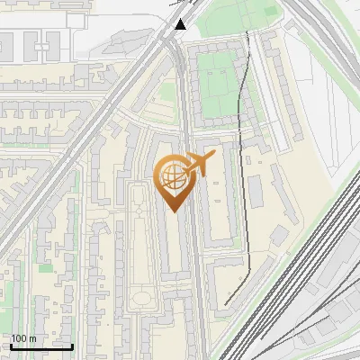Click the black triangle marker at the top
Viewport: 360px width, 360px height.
tap(181, 24)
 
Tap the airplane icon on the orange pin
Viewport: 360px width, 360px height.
tap(201, 165)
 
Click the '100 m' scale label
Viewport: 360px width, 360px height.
tap(23, 338)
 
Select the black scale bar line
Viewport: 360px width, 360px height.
tap(41, 346)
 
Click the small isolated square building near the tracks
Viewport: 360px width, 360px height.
tap(280, 235)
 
